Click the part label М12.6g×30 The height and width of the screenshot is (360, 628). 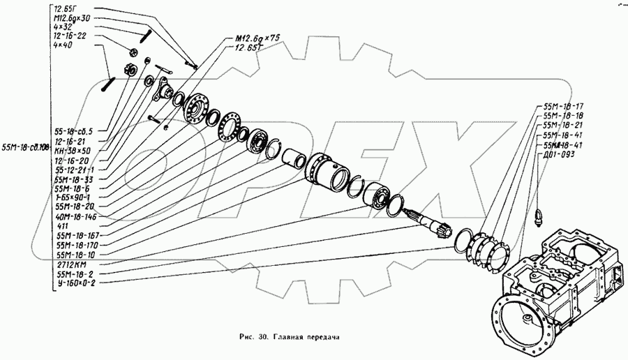[70, 17]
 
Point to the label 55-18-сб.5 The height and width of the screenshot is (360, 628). [73, 130]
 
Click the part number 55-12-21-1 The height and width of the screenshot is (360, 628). [75, 170]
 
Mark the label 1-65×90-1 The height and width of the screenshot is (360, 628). [72, 198]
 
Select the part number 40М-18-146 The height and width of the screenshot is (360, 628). [74, 217]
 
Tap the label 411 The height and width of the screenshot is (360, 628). [62, 227]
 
